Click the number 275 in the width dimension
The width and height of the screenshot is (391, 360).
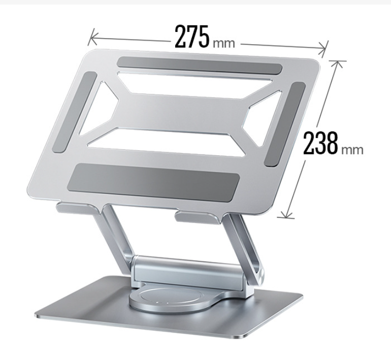[x=192, y=36]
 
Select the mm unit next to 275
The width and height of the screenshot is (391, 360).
[x=223, y=43]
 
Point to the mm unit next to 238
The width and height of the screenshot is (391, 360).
[x=352, y=150]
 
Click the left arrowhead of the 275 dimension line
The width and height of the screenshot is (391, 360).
[x=91, y=35]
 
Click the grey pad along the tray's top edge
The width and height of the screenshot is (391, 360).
[x=200, y=67]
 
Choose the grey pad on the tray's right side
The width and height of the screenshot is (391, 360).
[x=285, y=124]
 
